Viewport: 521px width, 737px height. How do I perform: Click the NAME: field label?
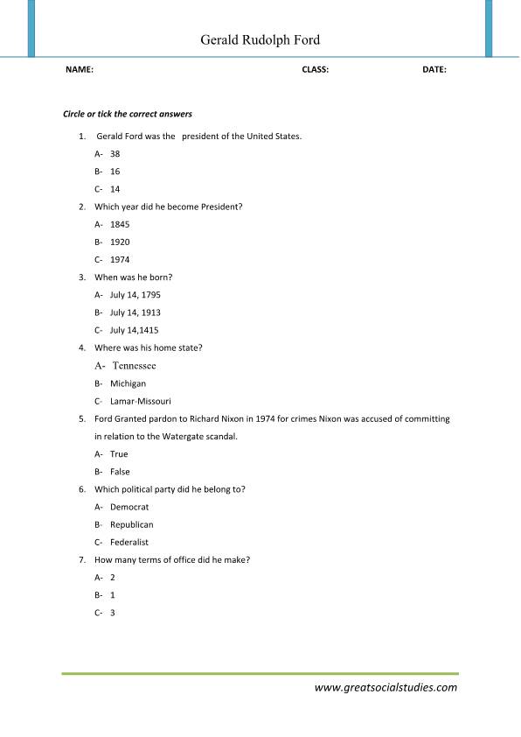click(80, 69)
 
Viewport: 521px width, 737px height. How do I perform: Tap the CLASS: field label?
click(315, 69)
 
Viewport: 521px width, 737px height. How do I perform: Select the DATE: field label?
click(434, 69)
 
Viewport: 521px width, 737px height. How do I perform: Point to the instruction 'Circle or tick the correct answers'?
click(128, 114)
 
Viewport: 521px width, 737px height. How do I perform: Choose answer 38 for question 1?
click(115, 153)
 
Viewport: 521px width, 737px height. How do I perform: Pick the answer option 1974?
click(120, 259)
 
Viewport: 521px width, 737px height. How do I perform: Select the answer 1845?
click(120, 224)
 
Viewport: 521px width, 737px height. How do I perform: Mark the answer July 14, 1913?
click(135, 312)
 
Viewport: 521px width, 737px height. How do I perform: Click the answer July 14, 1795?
click(135, 295)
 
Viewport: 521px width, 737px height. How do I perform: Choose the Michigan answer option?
click(128, 383)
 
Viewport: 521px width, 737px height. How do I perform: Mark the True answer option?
click(119, 454)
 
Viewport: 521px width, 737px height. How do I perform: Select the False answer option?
click(120, 472)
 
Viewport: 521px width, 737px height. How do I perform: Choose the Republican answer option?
click(131, 524)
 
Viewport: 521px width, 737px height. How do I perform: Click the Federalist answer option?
click(129, 543)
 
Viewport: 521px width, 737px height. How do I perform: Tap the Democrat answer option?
click(129, 507)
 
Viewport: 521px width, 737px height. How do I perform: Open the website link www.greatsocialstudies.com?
click(386, 687)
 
